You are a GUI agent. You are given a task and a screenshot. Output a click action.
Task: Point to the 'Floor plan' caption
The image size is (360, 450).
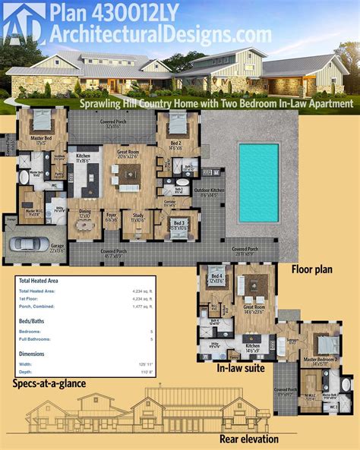click(x=314, y=269)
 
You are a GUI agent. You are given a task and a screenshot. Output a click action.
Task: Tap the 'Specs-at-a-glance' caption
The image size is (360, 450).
click(x=49, y=383)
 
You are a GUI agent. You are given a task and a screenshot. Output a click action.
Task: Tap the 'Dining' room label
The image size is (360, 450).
click(x=84, y=215)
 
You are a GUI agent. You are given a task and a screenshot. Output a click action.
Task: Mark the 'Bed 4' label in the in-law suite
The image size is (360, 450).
click(x=215, y=276)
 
